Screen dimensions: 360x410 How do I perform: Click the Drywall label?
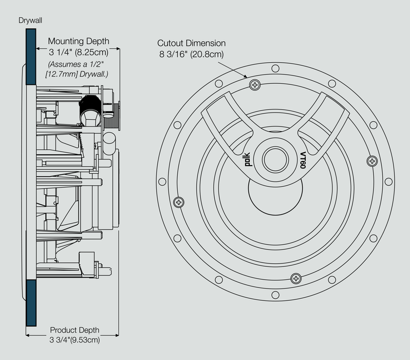click(x=30, y=21)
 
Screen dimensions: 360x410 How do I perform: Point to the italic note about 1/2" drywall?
click(x=78, y=69)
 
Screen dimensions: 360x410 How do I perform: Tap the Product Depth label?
click(x=74, y=330)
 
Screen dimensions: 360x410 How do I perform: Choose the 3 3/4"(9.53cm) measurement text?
click(x=74, y=340)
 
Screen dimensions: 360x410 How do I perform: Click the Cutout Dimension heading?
click(x=191, y=44)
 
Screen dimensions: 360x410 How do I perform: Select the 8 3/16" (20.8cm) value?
click(x=191, y=55)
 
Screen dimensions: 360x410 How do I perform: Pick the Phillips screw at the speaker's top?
click(x=254, y=84)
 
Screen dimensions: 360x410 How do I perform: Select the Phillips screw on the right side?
click(x=371, y=161)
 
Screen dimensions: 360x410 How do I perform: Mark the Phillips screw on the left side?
click(x=179, y=202)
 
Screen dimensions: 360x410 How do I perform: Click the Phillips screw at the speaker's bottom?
click(x=295, y=278)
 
